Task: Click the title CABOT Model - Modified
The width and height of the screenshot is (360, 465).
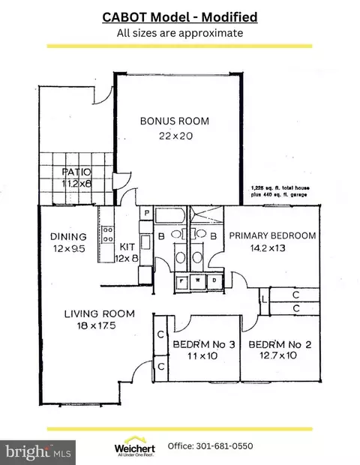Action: (x=179, y=16)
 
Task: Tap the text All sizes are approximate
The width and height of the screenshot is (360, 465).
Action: (x=179, y=32)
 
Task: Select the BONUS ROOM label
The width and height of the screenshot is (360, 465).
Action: (x=175, y=121)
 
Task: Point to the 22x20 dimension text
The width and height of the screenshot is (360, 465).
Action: (x=174, y=136)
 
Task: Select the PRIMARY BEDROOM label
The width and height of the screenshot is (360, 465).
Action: (x=272, y=235)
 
